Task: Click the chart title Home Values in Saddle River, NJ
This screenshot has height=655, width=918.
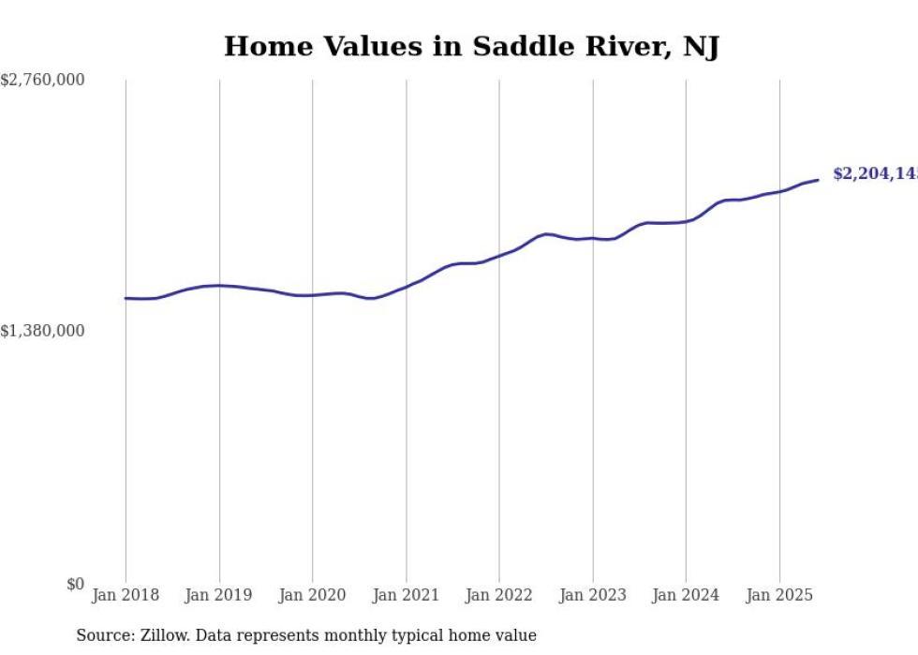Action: (x=471, y=46)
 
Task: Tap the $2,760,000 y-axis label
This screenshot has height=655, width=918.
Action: (x=43, y=81)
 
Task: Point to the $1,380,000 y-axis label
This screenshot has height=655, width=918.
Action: (x=43, y=331)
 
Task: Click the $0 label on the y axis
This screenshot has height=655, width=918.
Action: (x=75, y=584)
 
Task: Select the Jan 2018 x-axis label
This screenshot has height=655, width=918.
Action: (x=126, y=595)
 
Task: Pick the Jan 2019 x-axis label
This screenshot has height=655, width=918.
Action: (x=219, y=595)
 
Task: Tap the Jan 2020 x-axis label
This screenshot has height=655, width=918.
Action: (x=313, y=595)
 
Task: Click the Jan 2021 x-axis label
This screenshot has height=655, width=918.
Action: (x=406, y=595)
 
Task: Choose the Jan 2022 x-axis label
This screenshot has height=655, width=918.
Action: (x=499, y=595)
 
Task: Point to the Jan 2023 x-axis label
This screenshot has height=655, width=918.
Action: (x=593, y=595)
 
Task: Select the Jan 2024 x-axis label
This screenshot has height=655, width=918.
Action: (x=686, y=595)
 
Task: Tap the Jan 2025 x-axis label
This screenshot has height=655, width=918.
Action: (x=779, y=595)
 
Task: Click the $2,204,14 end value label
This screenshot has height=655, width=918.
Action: (x=875, y=174)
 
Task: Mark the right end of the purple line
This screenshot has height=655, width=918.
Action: (x=818, y=180)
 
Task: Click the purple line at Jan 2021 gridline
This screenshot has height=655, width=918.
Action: (x=406, y=287)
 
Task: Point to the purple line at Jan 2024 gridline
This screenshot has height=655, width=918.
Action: (x=686, y=221)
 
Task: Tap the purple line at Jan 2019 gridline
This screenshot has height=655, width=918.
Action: (x=219, y=285)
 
